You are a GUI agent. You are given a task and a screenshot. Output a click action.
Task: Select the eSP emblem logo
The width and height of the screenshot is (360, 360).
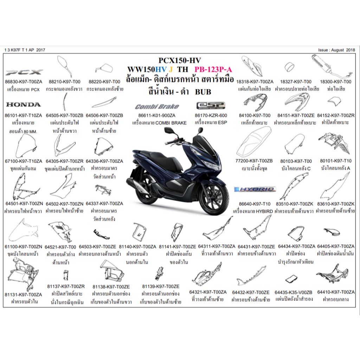click(210, 106)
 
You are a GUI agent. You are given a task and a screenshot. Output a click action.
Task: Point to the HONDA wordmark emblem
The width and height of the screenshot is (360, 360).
click(23, 104)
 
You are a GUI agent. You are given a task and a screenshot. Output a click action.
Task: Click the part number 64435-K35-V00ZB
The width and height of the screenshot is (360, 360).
click(293, 292)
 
